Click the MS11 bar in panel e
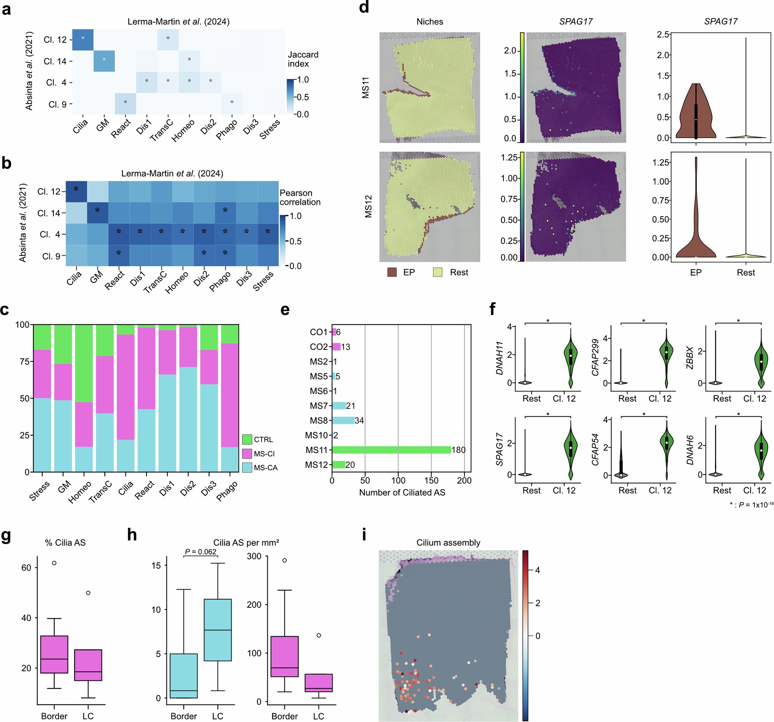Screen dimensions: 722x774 (391, 450)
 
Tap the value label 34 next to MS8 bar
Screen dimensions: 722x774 (359, 420)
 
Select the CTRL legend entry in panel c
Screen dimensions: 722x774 (263, 439)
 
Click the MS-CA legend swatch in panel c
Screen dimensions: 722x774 (247, 467)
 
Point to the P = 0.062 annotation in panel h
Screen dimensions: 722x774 (200, 552)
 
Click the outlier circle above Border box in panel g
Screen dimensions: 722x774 (54, 563)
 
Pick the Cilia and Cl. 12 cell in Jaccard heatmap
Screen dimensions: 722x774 (83, 39)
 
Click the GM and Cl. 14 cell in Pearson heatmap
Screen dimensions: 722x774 (97, 213)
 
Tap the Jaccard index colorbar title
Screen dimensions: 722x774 (303, 59)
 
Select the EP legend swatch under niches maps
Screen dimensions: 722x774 (392, 272)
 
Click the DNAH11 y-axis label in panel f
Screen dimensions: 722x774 (499, 358)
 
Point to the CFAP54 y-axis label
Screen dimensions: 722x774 (595, 449)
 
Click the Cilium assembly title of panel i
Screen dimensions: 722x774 (448, 543)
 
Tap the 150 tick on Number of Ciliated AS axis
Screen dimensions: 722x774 (431, 481)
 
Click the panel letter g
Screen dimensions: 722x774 (6, 535)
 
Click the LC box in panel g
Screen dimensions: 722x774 (88, 665)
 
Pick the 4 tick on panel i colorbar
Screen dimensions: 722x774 (538, 570)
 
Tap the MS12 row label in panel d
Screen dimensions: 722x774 (368, 206)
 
